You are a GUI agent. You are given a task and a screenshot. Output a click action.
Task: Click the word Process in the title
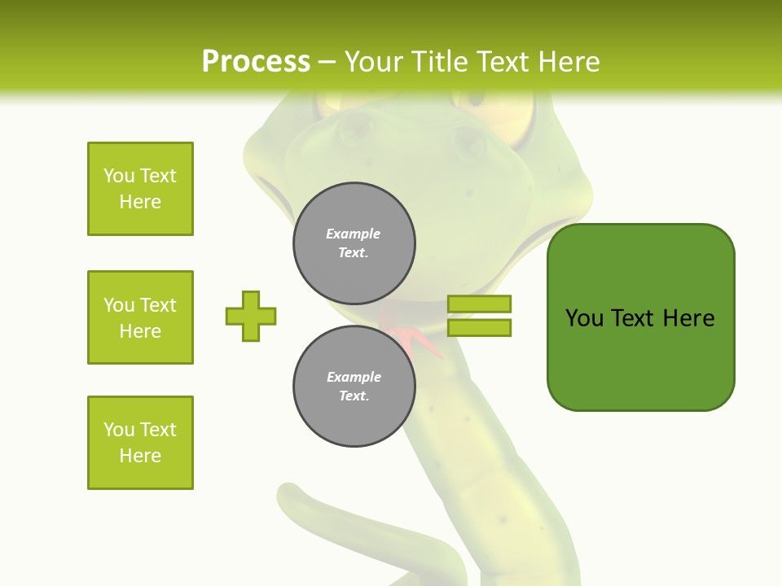(x=256, y=62)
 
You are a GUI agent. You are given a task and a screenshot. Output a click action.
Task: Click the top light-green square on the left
(x=140, y=189)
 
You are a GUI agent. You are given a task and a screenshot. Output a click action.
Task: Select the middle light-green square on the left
(x=140, y=317)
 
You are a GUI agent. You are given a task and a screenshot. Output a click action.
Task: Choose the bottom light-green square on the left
(x=140, y=443)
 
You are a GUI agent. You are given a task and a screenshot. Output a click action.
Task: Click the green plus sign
(x=251, y=316)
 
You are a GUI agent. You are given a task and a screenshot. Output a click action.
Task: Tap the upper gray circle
(x=354, y=243)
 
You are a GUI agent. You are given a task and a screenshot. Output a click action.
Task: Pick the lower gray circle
(x=354, y=387)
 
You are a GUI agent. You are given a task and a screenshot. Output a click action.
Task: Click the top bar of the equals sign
(x=479, y=304)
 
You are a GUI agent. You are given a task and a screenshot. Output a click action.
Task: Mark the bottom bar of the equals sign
(x=479, y=328)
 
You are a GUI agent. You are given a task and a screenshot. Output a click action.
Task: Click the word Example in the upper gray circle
(x=354, y=234)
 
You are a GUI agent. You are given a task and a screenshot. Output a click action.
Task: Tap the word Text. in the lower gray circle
(x=354, y=396)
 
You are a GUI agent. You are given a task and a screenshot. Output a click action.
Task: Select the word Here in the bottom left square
(x=140, y=456)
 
